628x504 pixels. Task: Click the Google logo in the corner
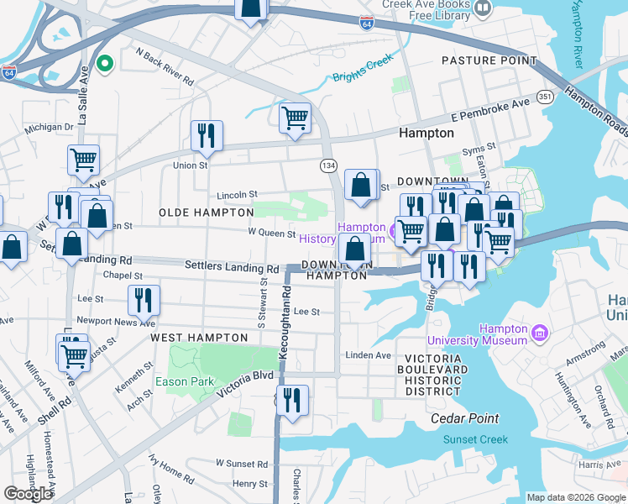point(29,494)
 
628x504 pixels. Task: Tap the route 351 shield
point(545,97)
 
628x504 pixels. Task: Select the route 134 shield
point(328,165)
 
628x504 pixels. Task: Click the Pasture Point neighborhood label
point(489,61)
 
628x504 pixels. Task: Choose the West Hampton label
point(199,338)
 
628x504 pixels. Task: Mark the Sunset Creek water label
point(476,439)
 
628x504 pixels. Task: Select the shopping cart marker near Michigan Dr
point(83,159)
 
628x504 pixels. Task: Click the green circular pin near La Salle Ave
point(105,63)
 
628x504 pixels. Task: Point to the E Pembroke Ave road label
point(489,106)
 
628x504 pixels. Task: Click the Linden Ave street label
point(369,355)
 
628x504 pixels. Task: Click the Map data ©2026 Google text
point(575,497)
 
